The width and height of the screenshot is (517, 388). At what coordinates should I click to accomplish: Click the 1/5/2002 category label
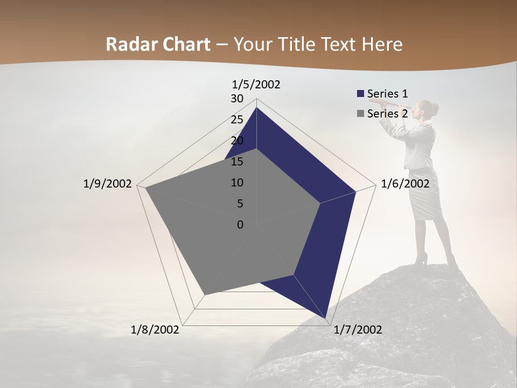point(256,85)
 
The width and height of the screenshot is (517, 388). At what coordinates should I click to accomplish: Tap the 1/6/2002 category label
point(405,184)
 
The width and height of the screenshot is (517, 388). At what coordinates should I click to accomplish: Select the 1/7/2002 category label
point(358,330)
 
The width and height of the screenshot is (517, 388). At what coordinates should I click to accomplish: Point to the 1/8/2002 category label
point(155,330)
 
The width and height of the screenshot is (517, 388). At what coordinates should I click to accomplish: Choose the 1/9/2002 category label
point(107,184)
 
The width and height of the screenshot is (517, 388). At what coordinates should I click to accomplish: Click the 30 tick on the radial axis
point(237,99)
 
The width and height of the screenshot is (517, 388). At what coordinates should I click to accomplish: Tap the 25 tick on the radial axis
point(237,120)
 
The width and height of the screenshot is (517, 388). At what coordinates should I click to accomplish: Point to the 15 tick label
point(237,162)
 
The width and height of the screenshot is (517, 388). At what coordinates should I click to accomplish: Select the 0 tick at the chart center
point(240,225)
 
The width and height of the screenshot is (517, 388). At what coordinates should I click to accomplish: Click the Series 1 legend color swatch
point(360,94)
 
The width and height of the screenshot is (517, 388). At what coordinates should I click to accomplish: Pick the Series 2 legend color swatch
point(360,114)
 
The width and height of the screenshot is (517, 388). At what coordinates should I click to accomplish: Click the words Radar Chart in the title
point(158,44)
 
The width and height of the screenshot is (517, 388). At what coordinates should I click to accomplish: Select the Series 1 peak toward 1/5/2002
point(256,107)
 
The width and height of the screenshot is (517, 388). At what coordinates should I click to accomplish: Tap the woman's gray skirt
point(425,197)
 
